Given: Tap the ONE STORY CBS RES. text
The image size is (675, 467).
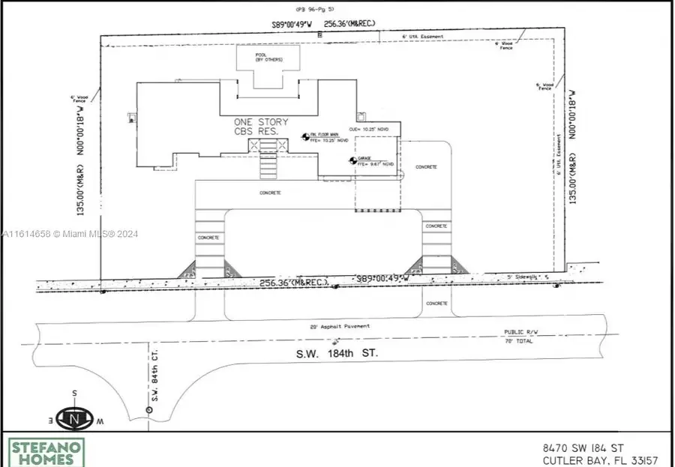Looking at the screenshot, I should point(260,127).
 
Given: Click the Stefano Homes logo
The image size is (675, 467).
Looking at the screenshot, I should point(46,452).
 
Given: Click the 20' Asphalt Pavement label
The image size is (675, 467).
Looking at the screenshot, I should point(340,326).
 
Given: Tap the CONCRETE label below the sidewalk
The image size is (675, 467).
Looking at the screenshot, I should point(436,304).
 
